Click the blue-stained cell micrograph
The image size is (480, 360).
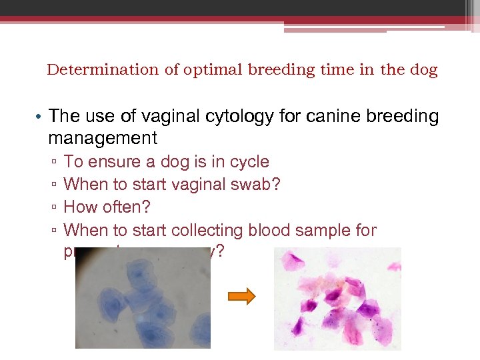(x=143, y=299)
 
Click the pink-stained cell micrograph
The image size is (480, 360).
(x=337, y=299)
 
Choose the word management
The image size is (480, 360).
(x=103, y=139)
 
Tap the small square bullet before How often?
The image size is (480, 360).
(x=53, y=208)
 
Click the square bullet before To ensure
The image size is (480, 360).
(x=53, y=163)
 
